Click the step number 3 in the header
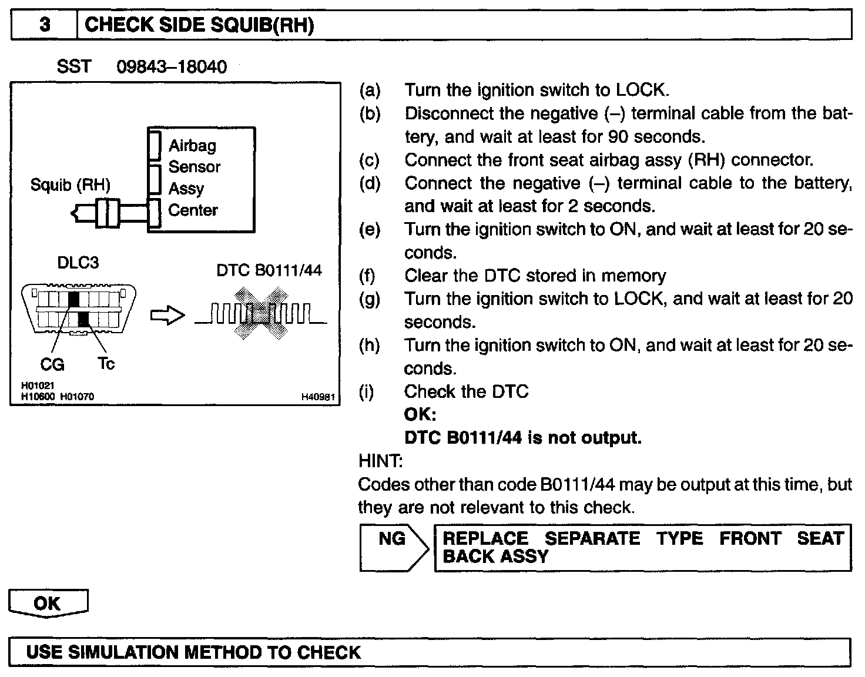click(x=45, y=25)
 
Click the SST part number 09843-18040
click(x=171, y=67)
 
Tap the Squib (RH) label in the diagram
click(x=71, y=185)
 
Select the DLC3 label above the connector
click(x=78, y=263)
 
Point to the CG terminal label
click(x=52, y=365)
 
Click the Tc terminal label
click(x=106, y=364)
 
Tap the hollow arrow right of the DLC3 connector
click(x=168, y=316)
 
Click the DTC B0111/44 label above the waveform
click(x=269, y=270)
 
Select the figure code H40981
click(x=318, y=397)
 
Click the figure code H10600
click(x=38, y=397)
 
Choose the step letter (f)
click(x=369, y=276)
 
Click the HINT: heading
click(x=380, y=461)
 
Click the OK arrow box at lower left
click(x=48, y=604)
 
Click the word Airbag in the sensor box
click(x=192, y=145)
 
